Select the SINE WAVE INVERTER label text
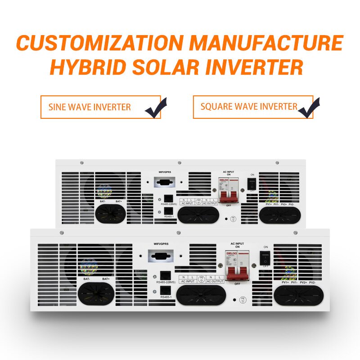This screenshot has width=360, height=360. (x=90, y=107)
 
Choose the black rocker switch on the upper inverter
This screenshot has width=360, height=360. (x=253, y=184)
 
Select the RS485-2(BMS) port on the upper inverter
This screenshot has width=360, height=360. (x=168, y=198)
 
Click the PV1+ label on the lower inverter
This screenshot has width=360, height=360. (x=284, y=282)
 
